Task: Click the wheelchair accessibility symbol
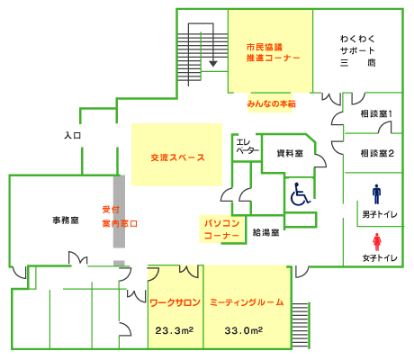click(x=301, y=194)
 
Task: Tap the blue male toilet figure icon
click(x=376, y=194)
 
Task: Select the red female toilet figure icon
click(x=377, y=242)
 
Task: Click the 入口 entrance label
click(x=73, y=136)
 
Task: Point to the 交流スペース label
click(x=177, y=157)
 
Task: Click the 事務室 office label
click(x=66, y=220)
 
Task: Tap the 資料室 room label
click(x=290, y=153)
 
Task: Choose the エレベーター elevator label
click(x=247, y=146)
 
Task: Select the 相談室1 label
click(x=376, y=114)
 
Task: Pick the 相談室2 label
click(x=377, y=153)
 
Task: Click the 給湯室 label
click(x=265, y=232)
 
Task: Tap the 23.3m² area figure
click(x=175, y=330)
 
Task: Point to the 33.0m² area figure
click(x=244, y=330)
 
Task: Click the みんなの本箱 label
click(x=271, y=103)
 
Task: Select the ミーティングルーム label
click(x=247, y=302)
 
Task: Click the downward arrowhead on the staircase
click(x=213, y=64)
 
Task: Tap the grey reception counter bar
click(x=119, y=211)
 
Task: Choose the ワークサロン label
click(x=175, y=302)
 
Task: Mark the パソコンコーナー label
click(x=221, y=229)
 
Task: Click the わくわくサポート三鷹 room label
click(x=357, y=50)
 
